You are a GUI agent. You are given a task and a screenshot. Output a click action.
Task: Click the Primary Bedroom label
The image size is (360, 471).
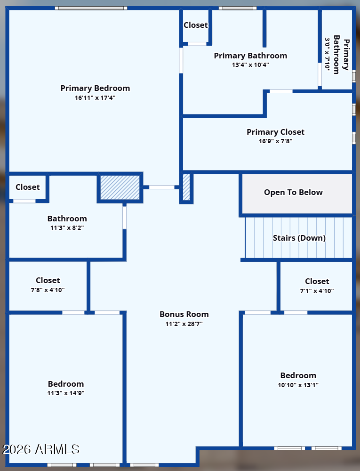95,89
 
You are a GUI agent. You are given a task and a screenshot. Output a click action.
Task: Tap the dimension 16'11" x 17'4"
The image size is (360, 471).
95,97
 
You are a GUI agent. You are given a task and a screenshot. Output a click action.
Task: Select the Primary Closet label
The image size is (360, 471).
275,132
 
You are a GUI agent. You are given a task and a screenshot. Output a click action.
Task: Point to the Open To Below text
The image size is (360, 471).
293,192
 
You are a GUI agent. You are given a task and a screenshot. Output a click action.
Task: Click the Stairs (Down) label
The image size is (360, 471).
299,238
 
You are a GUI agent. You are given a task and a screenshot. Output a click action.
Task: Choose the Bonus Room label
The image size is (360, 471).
184,314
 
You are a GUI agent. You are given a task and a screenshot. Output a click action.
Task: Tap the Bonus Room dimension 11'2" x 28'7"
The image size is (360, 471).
184,324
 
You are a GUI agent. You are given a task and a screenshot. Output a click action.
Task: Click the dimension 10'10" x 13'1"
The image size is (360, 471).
298,385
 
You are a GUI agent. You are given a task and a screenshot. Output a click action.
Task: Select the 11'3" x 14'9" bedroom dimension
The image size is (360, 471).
66,393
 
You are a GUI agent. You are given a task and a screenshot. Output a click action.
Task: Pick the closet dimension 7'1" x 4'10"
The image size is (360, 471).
317,291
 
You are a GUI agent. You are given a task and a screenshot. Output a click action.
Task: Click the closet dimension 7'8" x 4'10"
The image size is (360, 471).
48,290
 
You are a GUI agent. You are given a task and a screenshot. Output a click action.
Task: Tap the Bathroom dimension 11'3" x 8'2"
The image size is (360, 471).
67,227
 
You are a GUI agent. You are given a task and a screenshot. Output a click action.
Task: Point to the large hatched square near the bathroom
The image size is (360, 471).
120,187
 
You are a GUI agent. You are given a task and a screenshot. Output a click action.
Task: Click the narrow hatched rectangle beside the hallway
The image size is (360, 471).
186,187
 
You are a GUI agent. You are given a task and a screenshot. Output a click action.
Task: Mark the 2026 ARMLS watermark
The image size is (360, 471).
41,449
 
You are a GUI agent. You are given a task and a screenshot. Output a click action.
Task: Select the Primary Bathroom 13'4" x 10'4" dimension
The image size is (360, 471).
250,65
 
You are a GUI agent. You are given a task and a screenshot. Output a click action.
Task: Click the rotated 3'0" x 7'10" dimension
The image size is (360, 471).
328,55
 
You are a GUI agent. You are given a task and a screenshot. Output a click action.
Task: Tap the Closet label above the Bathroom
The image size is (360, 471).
28,187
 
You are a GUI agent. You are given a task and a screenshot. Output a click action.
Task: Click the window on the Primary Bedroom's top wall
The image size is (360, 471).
91,8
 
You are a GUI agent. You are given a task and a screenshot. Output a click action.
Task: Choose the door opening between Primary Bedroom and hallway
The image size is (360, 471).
162,187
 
